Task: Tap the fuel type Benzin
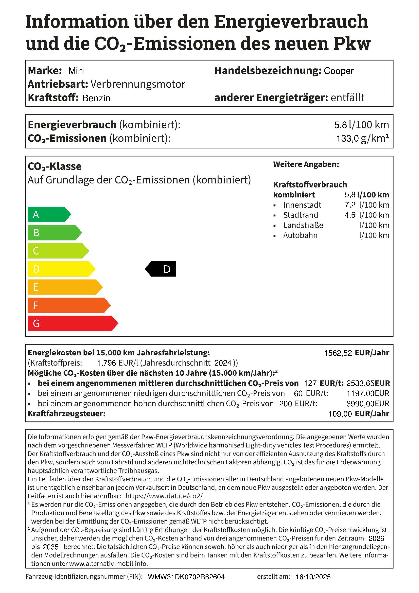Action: (x=96, y=98)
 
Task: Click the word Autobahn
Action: (x=300, y=235)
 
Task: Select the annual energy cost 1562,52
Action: (x=338, y=353)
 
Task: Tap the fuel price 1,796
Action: (x=106, y=363)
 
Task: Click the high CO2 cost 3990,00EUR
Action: (x=368, y=403)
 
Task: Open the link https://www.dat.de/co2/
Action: (x=164, y=496)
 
